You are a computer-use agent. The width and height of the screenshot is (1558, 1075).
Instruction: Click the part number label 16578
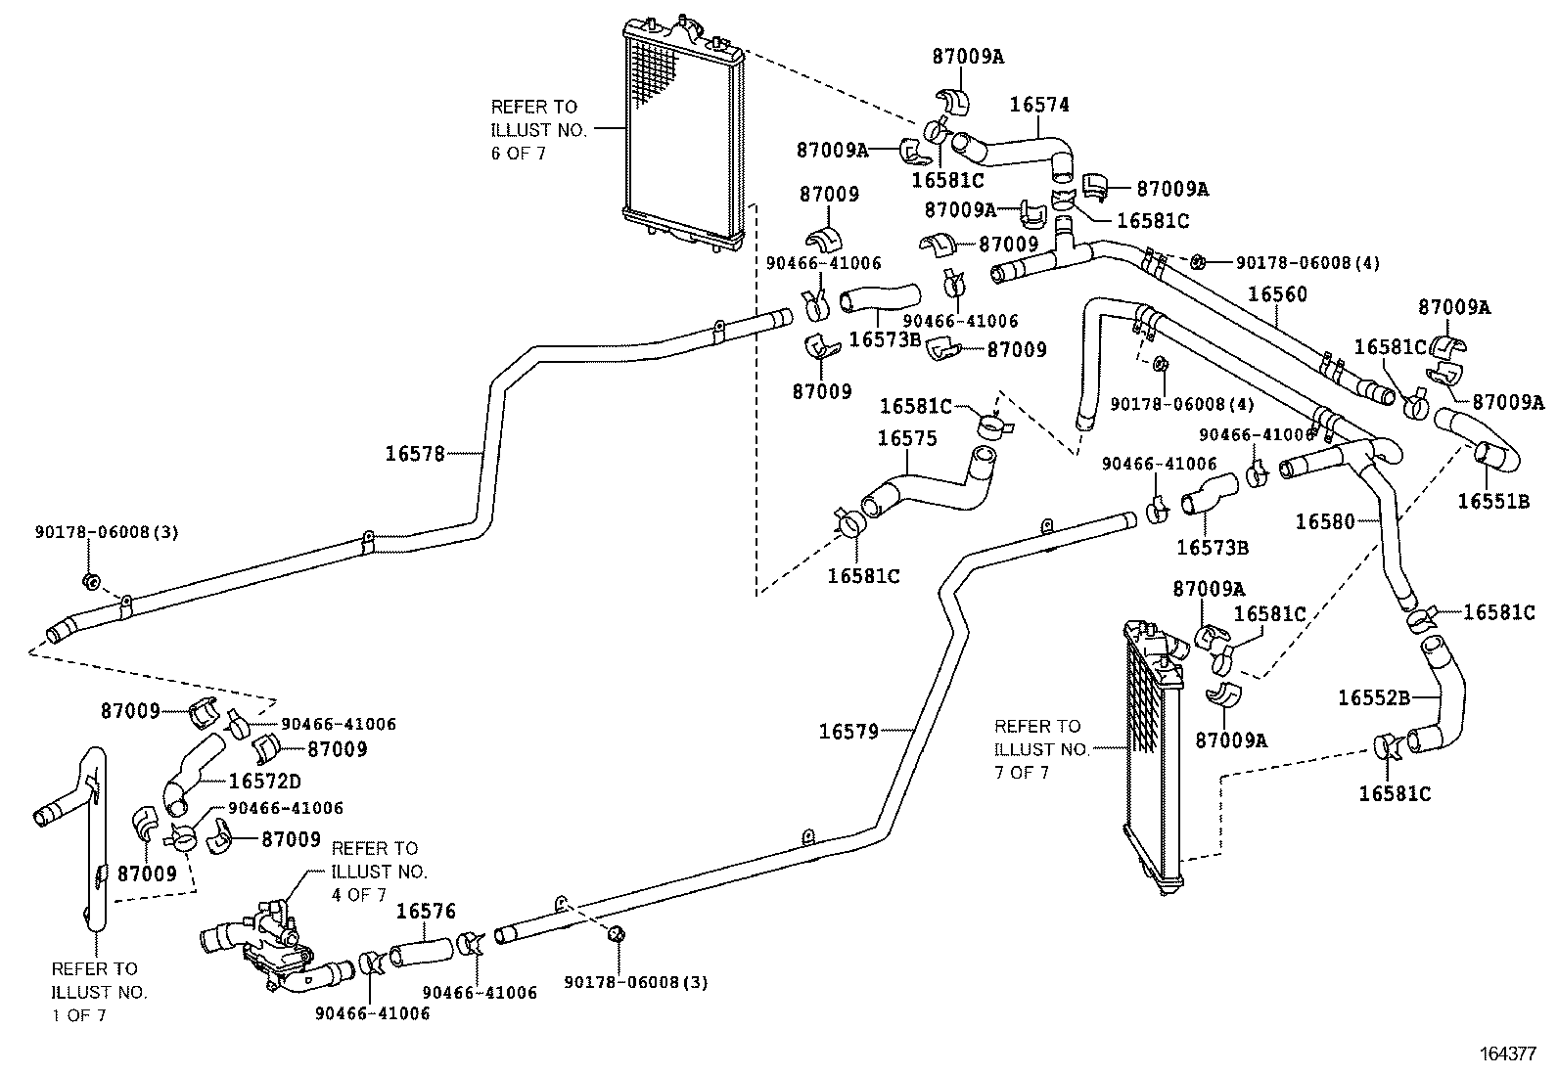coord(414,453)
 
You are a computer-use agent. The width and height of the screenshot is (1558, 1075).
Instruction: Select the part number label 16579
coord(848,730)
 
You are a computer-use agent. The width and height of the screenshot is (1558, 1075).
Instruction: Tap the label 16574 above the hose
coord(1039,104)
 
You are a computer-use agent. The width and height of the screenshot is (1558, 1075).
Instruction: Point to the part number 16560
coord(1277,294)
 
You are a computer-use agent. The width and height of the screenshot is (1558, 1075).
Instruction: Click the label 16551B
coord(1492,501)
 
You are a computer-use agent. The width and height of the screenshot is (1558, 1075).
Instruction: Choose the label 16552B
coord(1373,697)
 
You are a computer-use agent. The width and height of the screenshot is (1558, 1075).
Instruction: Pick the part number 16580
coord(1325,521)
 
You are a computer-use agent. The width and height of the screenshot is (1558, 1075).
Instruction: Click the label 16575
coord(906,438)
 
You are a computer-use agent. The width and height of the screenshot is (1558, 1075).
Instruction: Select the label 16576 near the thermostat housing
coord(426,911)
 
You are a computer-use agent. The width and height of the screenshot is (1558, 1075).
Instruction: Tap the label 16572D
coord(264,781)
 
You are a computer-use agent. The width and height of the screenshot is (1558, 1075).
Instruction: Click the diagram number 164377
coord(1508,1053)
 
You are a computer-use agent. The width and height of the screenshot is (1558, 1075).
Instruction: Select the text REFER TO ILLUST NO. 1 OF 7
coord(96,992)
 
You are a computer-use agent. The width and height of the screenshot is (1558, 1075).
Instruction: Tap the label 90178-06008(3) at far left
coord(107,532)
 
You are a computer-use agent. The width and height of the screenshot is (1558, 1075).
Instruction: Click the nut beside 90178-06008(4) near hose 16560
coord(1199,261)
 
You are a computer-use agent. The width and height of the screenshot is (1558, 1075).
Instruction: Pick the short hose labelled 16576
coord(422,950)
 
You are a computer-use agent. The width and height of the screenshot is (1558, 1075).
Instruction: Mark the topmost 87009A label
coord(967,57)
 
